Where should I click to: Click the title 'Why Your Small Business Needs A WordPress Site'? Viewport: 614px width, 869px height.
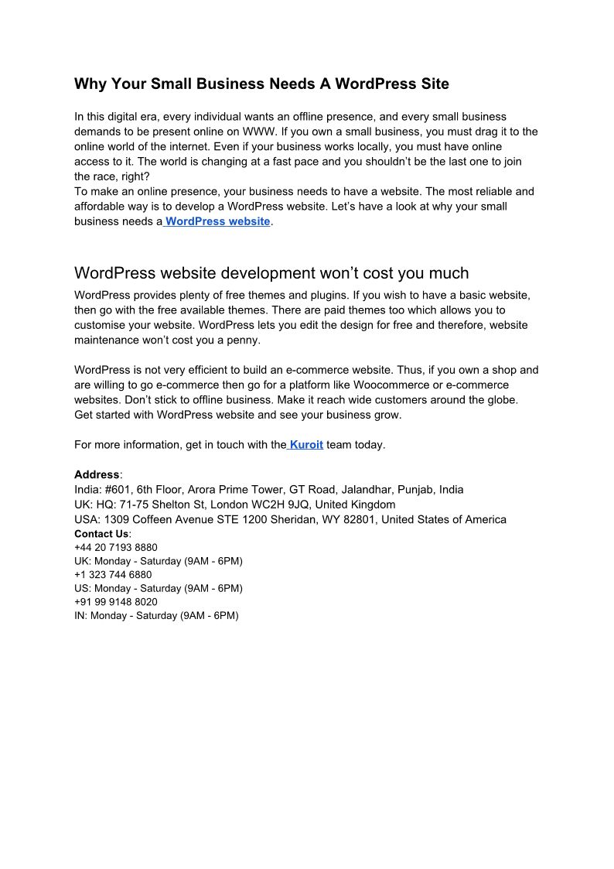pyautogui.click(x=261, y=84)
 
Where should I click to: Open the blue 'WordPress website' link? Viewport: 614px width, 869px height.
pyautogui.click(x=217, y=221)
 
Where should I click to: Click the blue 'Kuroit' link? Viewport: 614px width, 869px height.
pyautogui.click(x=306, y=445)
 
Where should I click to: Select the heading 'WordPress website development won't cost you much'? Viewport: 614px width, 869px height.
pyautogui.click(x=271, y=273)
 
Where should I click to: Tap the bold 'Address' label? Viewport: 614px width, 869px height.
pyautogui.click(x=97, y=474)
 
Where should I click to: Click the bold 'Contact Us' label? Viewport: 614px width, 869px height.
pyautogui.click(x=101, y=534)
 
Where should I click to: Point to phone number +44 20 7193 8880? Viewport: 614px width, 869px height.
pyautogui.click(x=115, y=547)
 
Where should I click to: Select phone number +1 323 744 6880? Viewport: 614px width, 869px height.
pyautogui.click(x=113, y=575)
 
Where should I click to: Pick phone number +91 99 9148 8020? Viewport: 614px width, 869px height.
pyautogui.click(x=115, y=602)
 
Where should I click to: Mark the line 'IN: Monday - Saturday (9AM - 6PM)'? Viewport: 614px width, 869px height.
pyautogui.click(x=156, y=616)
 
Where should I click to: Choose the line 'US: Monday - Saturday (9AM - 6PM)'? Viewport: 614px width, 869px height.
pyautogui.click(x=158, y=588)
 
